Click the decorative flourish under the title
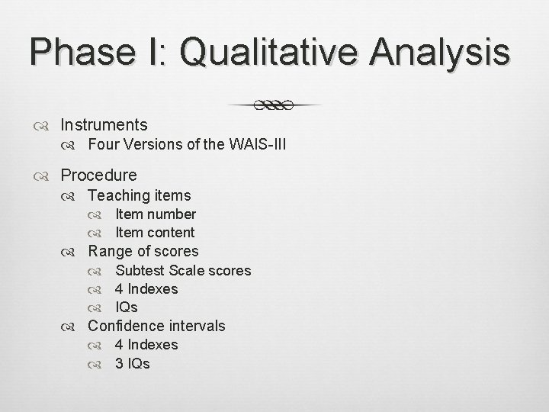point(274,105)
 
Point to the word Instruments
point(104,124)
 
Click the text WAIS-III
point(258,144)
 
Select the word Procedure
point(98,175)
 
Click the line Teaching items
point(140,195)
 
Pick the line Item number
point(156,214)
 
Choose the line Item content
point(155,233)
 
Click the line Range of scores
point(143,251)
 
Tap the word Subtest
point(140,270)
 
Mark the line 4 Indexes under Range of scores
point(146,289)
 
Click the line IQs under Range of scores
point(127,307)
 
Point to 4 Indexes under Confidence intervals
point(146,345)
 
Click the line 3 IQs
point(133,363)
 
